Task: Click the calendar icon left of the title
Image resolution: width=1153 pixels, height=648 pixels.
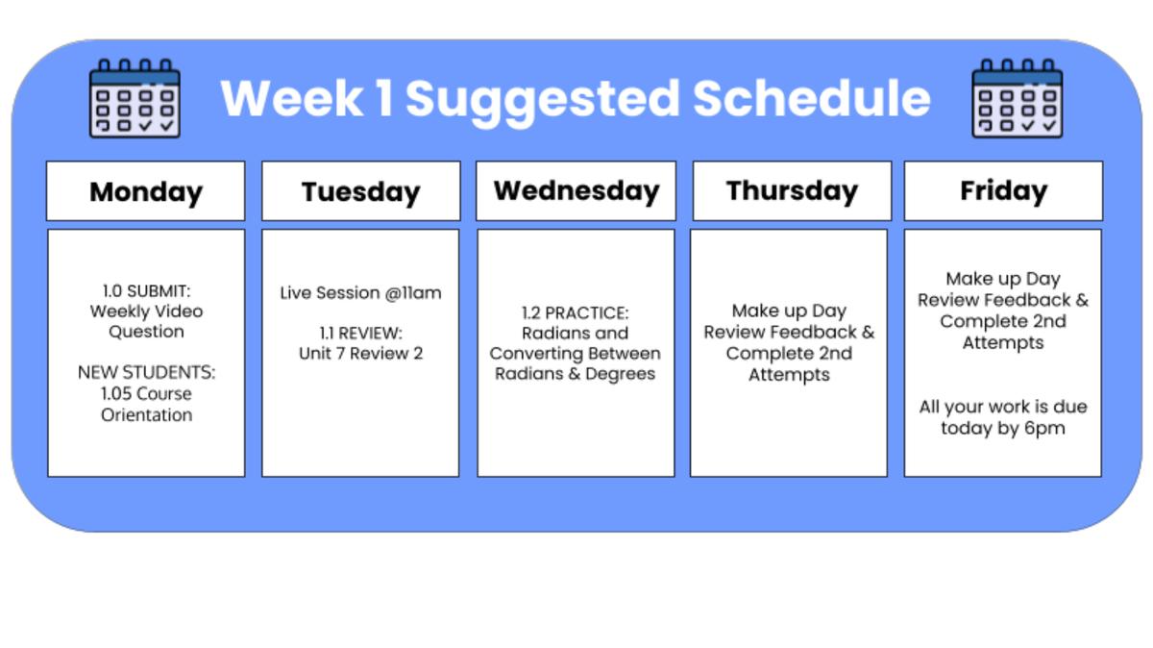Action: click(135, 98)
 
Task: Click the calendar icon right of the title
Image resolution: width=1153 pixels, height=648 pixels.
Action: click(1017, 98)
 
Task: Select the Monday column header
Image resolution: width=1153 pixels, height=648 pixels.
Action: click(146, 191)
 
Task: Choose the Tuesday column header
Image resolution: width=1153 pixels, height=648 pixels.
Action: click(360, 191)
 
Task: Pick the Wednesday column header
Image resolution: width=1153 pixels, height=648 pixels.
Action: click(576, 190)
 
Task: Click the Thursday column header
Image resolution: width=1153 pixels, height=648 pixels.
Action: click(792, 190)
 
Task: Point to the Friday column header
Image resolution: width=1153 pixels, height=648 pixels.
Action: click(1003, 190)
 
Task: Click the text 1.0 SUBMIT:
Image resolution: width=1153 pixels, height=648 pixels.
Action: click(146, 290)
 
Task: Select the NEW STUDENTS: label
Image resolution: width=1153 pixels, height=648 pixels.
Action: click(146, 372)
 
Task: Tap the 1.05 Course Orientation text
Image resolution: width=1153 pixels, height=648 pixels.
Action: click(146, 405)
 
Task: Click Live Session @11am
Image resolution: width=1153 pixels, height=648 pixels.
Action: click(360, 292)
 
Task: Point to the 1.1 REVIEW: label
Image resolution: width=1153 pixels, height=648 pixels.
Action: click(360, 333)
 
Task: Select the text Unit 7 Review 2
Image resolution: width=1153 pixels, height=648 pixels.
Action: click(360, 354)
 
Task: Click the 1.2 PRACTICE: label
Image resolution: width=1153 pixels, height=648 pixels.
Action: click(575, 312)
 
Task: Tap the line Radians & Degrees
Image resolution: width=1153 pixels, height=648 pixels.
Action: click(575, 374)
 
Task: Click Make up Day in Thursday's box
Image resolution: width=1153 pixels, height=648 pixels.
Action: click(789, 311)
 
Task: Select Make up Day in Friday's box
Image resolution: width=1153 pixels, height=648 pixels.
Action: click(1003, 279)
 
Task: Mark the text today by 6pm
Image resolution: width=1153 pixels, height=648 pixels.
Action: click(1003, 429)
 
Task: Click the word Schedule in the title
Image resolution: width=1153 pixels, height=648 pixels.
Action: click(811, 98)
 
